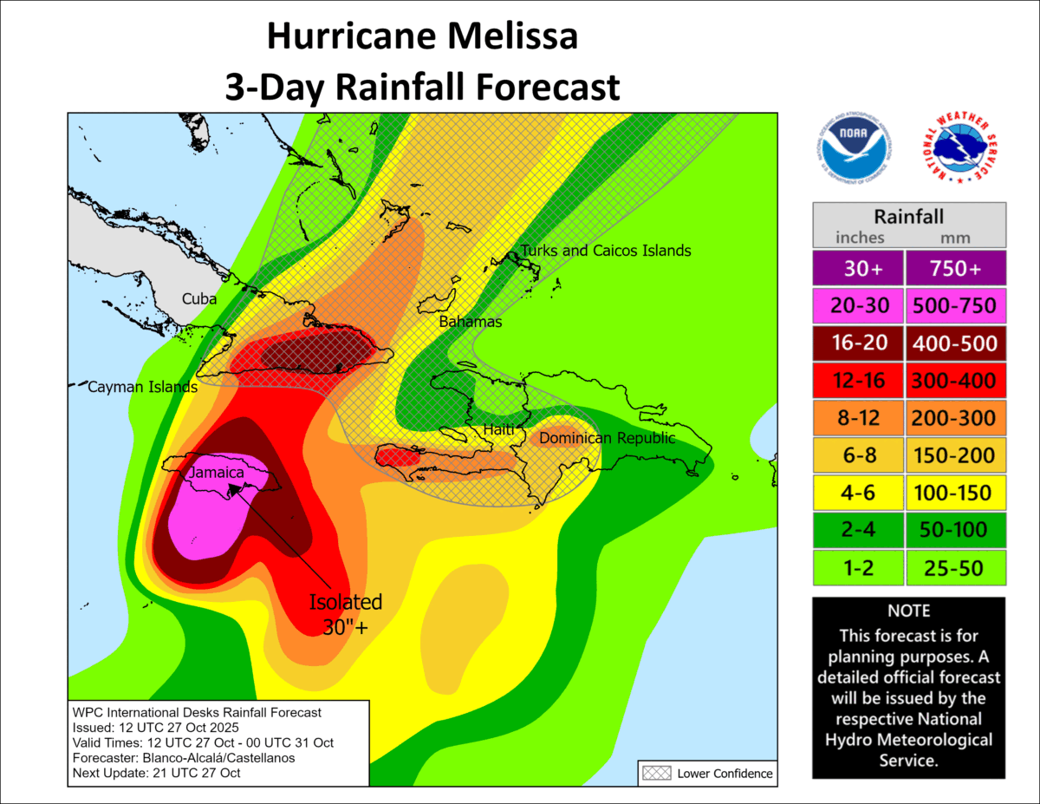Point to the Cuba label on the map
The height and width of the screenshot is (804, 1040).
click(199, 299)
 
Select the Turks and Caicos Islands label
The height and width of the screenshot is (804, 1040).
click(605, 251)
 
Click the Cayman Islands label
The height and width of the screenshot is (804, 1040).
click(142, 388)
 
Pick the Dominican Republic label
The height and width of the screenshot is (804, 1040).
click(607, 439)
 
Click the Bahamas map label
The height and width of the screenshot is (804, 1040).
click(471, 322)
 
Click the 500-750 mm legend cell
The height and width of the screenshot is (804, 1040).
click(954, 306)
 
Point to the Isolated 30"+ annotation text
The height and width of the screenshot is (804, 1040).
click(347, 614)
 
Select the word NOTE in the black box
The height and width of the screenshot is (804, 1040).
click(908, 611)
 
